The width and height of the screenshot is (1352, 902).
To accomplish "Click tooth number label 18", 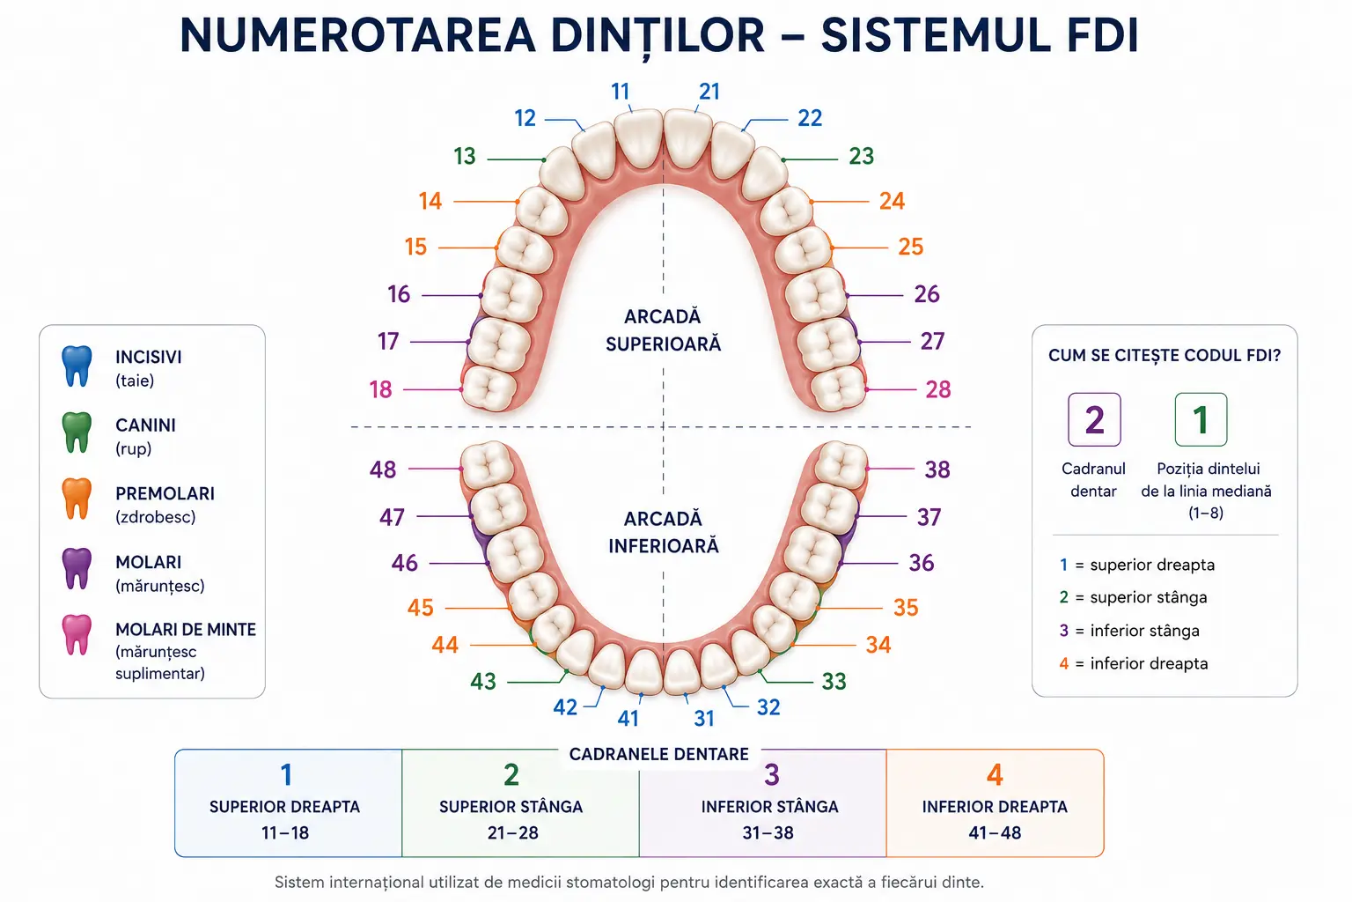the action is tap(381, 389).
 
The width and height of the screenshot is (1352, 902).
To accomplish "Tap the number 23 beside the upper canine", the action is tap(862, 157).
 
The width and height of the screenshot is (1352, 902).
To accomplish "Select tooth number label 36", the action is tap(922, 563).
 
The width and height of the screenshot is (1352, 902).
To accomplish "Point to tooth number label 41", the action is tap(628, 718).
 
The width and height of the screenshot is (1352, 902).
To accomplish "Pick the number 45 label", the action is tap(420, 608).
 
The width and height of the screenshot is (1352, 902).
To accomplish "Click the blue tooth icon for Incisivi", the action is tap(77, 366).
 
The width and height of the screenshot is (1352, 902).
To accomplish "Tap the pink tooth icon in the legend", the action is tap(77, 635).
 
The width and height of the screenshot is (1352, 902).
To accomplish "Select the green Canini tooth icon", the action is tap(77, 433).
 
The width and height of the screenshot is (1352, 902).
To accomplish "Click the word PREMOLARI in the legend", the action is tap(165, 493).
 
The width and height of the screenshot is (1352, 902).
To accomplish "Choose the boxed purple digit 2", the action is tap(1094, 420).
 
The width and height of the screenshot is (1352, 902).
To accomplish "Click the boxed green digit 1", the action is tap(1201, 420).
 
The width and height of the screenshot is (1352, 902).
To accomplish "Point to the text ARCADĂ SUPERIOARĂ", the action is tap(664, 330).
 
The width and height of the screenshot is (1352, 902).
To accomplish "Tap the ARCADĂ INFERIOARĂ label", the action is tap(664, 532).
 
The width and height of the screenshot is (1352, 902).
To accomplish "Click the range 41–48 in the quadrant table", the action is tap(995, 833).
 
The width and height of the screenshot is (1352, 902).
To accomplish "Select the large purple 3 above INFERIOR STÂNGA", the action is tap(772, 775).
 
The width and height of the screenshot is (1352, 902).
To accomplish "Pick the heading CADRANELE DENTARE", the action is tap(658, 755).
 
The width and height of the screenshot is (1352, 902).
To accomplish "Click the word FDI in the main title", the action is tap(1102, 35).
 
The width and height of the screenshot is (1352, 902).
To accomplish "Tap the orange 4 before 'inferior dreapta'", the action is tap(1064, 664).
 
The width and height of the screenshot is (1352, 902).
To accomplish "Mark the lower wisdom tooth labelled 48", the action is tap(488, 464).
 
